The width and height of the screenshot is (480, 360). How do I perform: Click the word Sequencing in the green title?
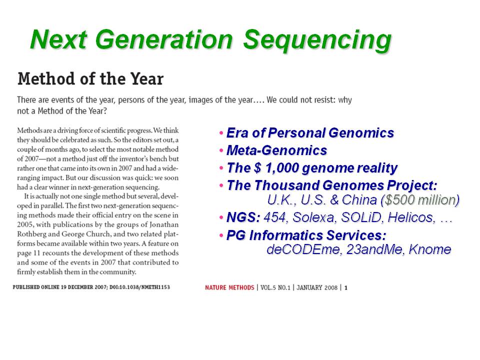[317, 40]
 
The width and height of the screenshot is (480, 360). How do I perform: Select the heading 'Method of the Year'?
[90, 78]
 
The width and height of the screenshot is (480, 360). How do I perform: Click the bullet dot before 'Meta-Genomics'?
[221, 150]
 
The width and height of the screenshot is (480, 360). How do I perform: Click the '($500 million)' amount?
[420, 200]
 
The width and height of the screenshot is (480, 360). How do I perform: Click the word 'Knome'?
[430, 249]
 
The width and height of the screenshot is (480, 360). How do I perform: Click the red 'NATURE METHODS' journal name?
[229, 288]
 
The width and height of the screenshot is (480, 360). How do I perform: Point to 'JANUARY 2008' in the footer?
[317, 288]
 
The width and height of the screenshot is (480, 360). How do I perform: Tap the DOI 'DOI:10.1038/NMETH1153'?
[139, 287]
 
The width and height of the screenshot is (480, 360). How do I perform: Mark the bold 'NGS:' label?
[243, 217]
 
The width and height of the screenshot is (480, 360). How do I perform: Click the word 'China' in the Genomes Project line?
[359, 200]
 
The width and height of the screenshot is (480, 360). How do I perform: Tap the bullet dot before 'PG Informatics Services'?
[221, 235]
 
